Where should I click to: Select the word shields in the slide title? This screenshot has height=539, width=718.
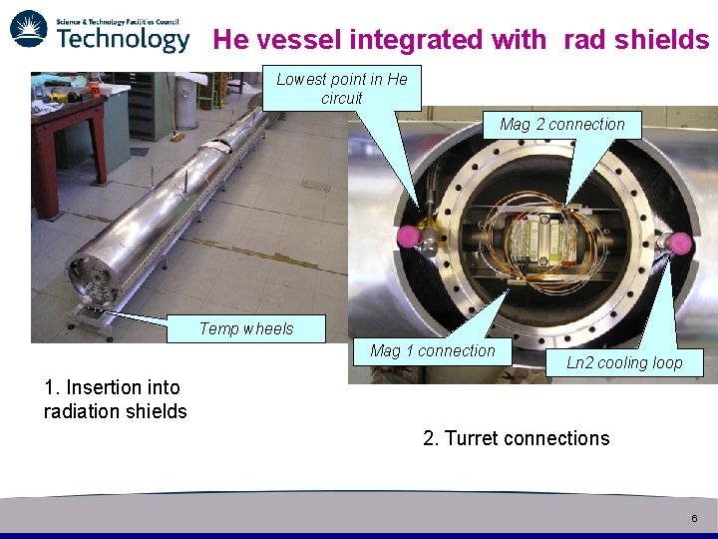pos(661,40)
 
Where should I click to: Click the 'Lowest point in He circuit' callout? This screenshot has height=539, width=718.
pos(342,88)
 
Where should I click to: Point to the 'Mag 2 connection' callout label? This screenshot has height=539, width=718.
pos(562,124)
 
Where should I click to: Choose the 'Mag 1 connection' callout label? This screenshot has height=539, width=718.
pos(432,350)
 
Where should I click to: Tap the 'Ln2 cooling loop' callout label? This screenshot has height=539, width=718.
pos(624,362)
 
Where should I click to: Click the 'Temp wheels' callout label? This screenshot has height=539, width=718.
pos(246,328)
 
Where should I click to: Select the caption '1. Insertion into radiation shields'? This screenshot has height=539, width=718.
pos(115,399)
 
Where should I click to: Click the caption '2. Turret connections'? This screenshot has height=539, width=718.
pos(516,438)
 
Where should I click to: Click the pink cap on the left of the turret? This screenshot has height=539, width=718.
pos(408,237)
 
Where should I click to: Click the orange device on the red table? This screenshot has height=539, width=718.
pos(95,88)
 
